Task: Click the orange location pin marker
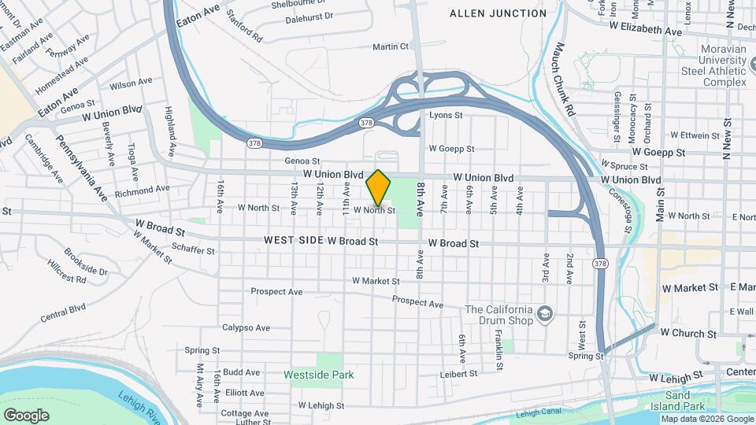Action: pos(379,187)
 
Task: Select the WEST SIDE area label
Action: pos(294,240)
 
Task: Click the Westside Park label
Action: pos(319,375)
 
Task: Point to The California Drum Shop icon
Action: pos(543,316)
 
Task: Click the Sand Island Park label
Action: pos(684,401)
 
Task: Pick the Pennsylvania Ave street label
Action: pos(82,167)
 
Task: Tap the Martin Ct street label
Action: pos(391,46)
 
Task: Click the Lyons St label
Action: pos(445,115)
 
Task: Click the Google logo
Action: pos(26,415)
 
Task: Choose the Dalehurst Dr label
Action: pos(309,17)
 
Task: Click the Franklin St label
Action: pos(499,347)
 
